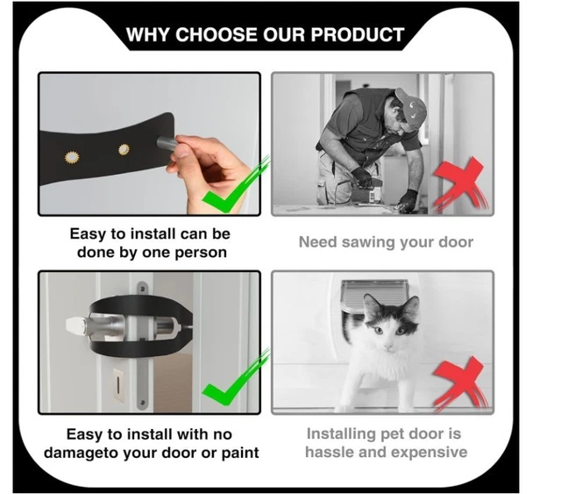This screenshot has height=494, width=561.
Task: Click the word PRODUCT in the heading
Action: tap(360, 35)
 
